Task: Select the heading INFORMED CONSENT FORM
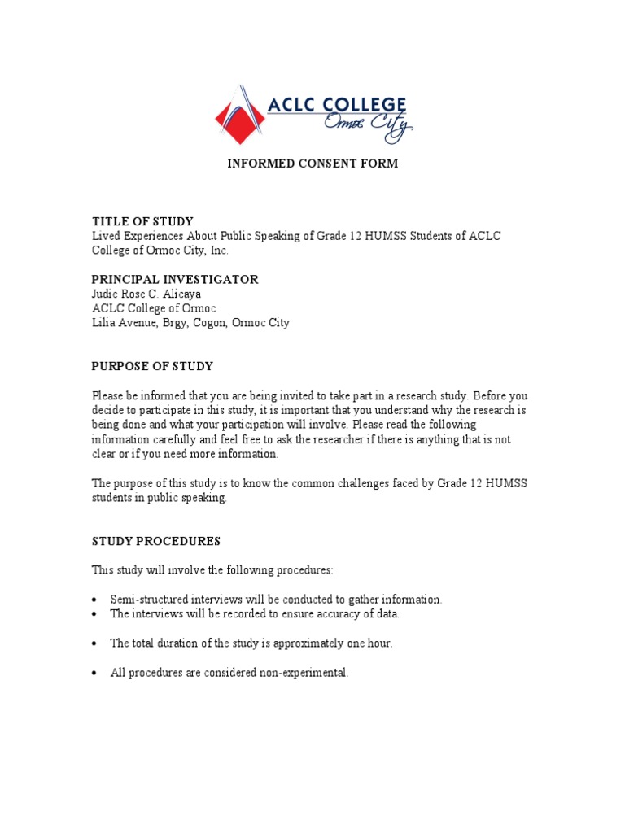(x=312, y=164)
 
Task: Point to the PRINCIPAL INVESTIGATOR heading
(x=175, y=279)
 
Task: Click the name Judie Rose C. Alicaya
(x=146, y=294)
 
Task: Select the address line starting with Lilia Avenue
(x=190, y=323)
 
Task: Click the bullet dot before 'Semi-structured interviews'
(x=96, y=600)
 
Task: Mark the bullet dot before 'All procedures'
(x=96, y=674)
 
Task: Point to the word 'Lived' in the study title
(x=104, y=236)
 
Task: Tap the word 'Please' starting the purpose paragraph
(x=107, y=396)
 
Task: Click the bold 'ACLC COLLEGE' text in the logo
(x=337, y=105)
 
